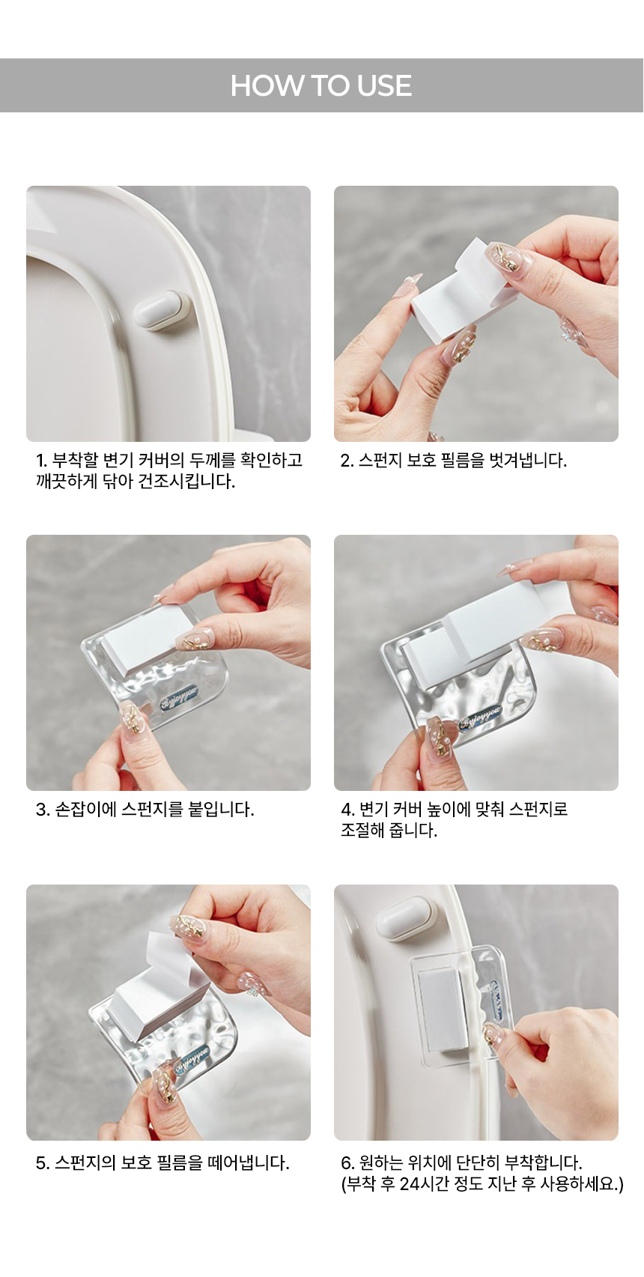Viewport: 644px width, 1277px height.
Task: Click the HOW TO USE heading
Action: (321, 85)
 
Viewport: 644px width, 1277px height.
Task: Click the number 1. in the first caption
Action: (41, 460)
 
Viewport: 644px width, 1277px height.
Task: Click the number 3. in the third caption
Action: (43, 809)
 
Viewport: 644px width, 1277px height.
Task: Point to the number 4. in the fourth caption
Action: (348, 809)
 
